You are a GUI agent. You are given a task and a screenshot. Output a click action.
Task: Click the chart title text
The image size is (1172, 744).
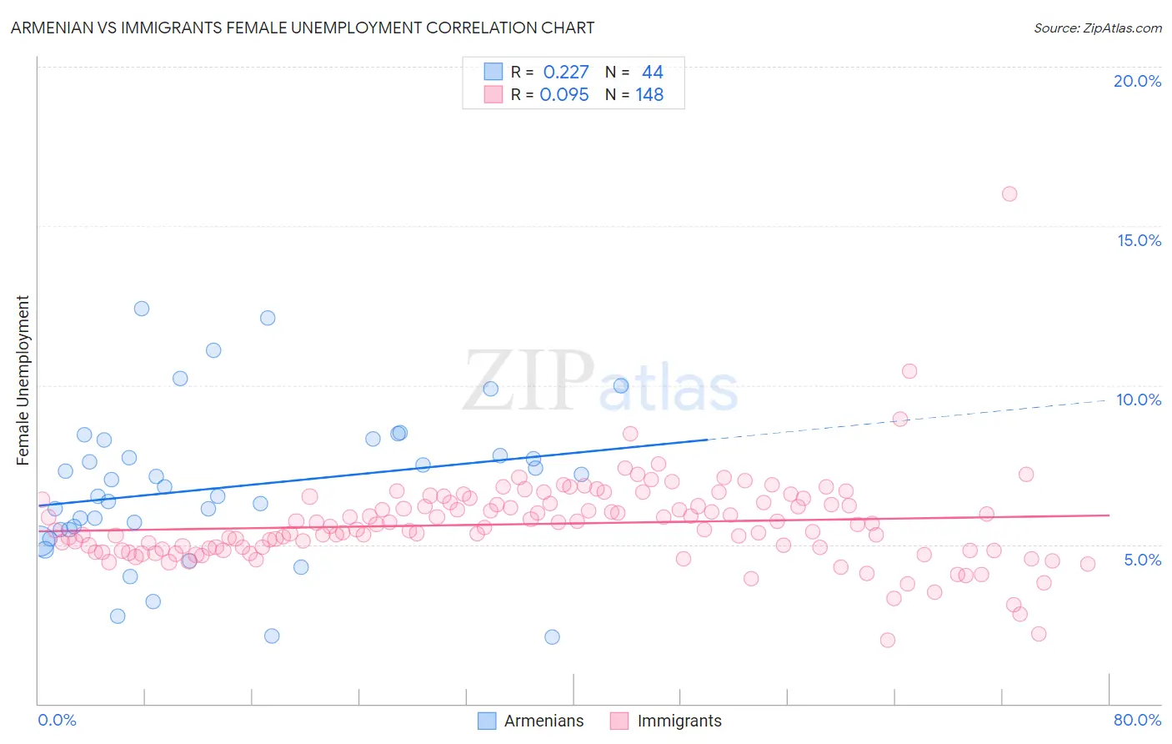coord(303,28)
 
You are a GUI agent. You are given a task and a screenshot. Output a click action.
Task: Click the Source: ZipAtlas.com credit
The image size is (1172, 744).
coord(1097,28)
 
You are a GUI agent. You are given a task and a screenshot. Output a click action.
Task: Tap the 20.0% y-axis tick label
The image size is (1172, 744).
coord(1137,81)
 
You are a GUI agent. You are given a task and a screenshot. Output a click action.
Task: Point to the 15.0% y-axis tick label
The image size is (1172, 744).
coord(1139,240)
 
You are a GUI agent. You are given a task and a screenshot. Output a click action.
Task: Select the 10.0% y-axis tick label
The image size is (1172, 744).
coord(1139,400)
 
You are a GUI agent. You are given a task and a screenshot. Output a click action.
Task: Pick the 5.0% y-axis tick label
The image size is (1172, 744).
coord(1142,560)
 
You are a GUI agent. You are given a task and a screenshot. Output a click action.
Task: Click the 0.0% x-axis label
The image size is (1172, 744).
coord(57,720)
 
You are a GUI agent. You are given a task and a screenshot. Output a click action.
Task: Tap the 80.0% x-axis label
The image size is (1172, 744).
coord(1137,720)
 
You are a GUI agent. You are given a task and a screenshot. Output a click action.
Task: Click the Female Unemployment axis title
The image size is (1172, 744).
coord(23,380)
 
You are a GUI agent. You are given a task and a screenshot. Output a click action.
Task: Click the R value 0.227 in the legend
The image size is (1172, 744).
coord(566,73)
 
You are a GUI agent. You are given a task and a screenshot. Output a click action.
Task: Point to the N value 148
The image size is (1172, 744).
coord(649,95)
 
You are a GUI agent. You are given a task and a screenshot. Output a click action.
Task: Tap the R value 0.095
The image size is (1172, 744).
coord(564,95)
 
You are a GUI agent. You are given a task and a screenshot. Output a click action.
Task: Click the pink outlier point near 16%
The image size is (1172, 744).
coord(1009,194)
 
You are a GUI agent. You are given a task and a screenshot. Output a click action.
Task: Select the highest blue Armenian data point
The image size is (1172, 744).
coord(142,309)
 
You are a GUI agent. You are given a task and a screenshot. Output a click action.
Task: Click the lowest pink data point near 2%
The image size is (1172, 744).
coord(888,640)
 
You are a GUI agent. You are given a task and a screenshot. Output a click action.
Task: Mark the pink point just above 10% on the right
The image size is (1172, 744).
coord(909,371)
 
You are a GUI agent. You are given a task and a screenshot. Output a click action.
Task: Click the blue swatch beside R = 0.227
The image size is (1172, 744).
coord(493,72)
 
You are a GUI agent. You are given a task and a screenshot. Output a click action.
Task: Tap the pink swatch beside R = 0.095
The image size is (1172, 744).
coord(493,94)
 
